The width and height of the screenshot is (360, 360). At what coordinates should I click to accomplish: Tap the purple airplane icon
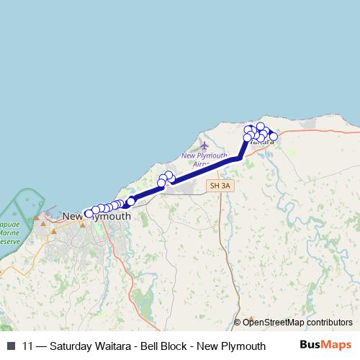pos(204,146)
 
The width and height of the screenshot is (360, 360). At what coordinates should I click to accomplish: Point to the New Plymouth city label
pos(97,216)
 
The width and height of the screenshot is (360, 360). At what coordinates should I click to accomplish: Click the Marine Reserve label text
pos(9,233)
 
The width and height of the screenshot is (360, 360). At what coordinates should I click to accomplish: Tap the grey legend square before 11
pos(11,346)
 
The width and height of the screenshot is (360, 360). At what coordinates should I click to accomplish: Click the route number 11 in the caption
pos(28,346)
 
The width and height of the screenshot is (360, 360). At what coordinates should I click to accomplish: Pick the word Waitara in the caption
pos(118,346)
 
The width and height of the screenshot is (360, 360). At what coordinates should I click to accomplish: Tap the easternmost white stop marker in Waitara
pos(274,136)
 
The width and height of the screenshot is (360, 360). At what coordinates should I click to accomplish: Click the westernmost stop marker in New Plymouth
pos(89,213)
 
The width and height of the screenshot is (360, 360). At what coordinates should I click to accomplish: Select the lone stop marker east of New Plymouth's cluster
pos(131,201)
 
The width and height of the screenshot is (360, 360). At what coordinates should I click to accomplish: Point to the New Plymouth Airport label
pos(204,159)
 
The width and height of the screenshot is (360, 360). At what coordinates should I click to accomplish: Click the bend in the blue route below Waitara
pos(238,158)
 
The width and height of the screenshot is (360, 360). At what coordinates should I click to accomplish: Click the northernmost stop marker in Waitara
pos(260,127)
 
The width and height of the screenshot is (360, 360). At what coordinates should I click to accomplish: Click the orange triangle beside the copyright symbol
pos(251,318)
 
